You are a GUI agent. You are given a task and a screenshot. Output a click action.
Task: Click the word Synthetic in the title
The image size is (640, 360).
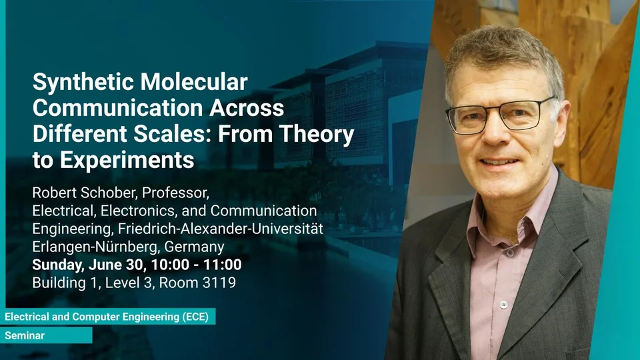[x=83, y=83]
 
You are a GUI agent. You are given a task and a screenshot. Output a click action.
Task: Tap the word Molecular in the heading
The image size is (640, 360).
[x=194, y=82]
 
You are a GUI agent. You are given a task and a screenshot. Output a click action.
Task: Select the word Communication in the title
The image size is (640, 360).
[x=118, y=108]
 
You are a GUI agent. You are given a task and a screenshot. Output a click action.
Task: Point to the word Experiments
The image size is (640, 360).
[x=127, y=161]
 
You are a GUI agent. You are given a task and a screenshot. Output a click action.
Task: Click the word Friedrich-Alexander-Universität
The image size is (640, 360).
[x=221, y=229]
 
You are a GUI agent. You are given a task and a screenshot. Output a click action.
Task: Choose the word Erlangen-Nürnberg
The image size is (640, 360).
[x=96, y=247]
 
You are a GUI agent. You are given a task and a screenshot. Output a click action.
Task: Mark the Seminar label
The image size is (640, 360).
[x=25, y=336]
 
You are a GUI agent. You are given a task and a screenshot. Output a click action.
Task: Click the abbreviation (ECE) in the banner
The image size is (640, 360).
[x=195, y=317]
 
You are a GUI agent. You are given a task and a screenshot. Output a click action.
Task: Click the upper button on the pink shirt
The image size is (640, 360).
[x=510, y=253]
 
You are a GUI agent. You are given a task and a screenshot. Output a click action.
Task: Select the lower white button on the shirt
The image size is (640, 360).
[x=504, y=305]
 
